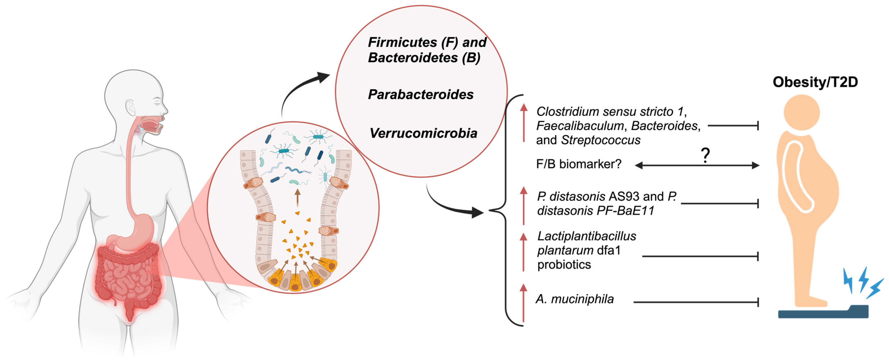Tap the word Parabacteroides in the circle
[x=421, y=94]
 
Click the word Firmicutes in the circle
[x=402, y=43]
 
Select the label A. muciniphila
[x=575, y=299]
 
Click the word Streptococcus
[x=601, y=140]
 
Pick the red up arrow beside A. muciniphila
[x=524, y=302]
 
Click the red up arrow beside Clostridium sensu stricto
[x=524, y=123]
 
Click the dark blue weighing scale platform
[x=823, y=313]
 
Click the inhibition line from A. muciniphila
[x=695, y=302]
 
